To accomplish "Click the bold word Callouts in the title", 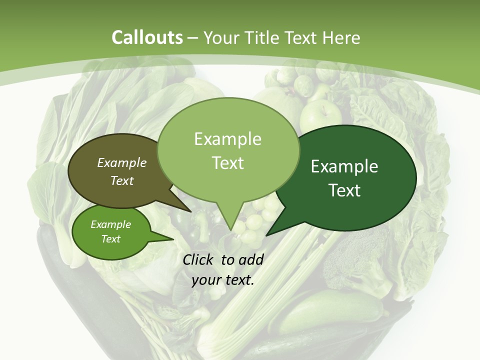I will point(147,37).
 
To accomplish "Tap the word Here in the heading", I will point(342,37).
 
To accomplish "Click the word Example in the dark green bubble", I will point(344,167).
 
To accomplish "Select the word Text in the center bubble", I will point(228,163).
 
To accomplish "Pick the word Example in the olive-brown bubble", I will point(121,162).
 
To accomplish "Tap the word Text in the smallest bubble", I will point(110,239).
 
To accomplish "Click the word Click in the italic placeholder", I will point(198,259).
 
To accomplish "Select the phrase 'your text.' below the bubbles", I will point(222,280).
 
